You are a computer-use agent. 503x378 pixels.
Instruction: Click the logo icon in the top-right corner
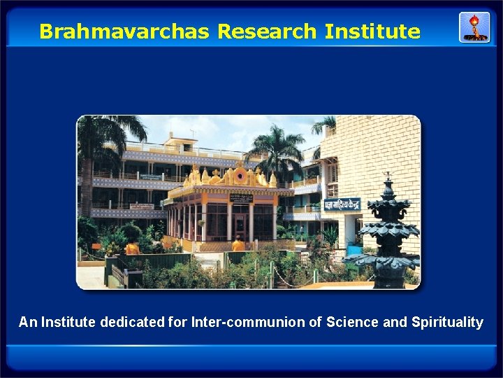click(x=474, y=27)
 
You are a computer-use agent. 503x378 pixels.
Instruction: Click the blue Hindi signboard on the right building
click(x=341, y=204)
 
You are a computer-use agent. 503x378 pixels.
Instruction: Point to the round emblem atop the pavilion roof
click(x=241, y=175)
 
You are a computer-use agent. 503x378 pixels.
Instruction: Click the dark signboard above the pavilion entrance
click(x=240, y=198)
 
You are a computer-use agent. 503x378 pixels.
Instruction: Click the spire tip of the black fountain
click(x=388, y=175)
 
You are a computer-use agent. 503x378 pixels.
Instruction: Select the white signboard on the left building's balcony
click(x=141, y=206)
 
